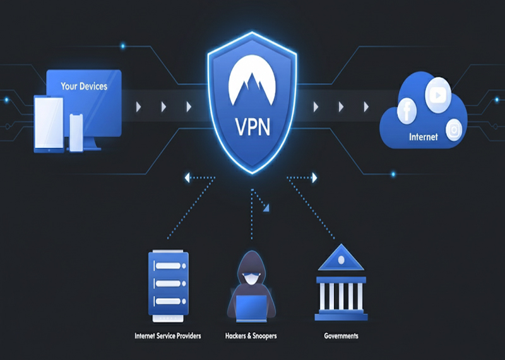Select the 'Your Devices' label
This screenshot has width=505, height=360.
click(84, 86)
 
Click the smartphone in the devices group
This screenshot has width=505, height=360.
click(76, 133)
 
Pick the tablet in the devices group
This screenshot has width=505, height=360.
click(48, 125)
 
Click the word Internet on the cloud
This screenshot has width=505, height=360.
click(423, 136)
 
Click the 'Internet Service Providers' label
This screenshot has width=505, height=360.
click(168, 336)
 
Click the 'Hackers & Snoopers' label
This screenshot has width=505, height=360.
click(251, 336)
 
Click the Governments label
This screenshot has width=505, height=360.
click(341, 336)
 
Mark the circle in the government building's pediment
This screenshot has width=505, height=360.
click(341, 260)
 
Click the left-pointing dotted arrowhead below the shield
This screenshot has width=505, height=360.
click(187, 179)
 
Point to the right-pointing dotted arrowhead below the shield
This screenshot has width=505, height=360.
click(314, 179)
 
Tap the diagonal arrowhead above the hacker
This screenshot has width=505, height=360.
click(267, 207)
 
